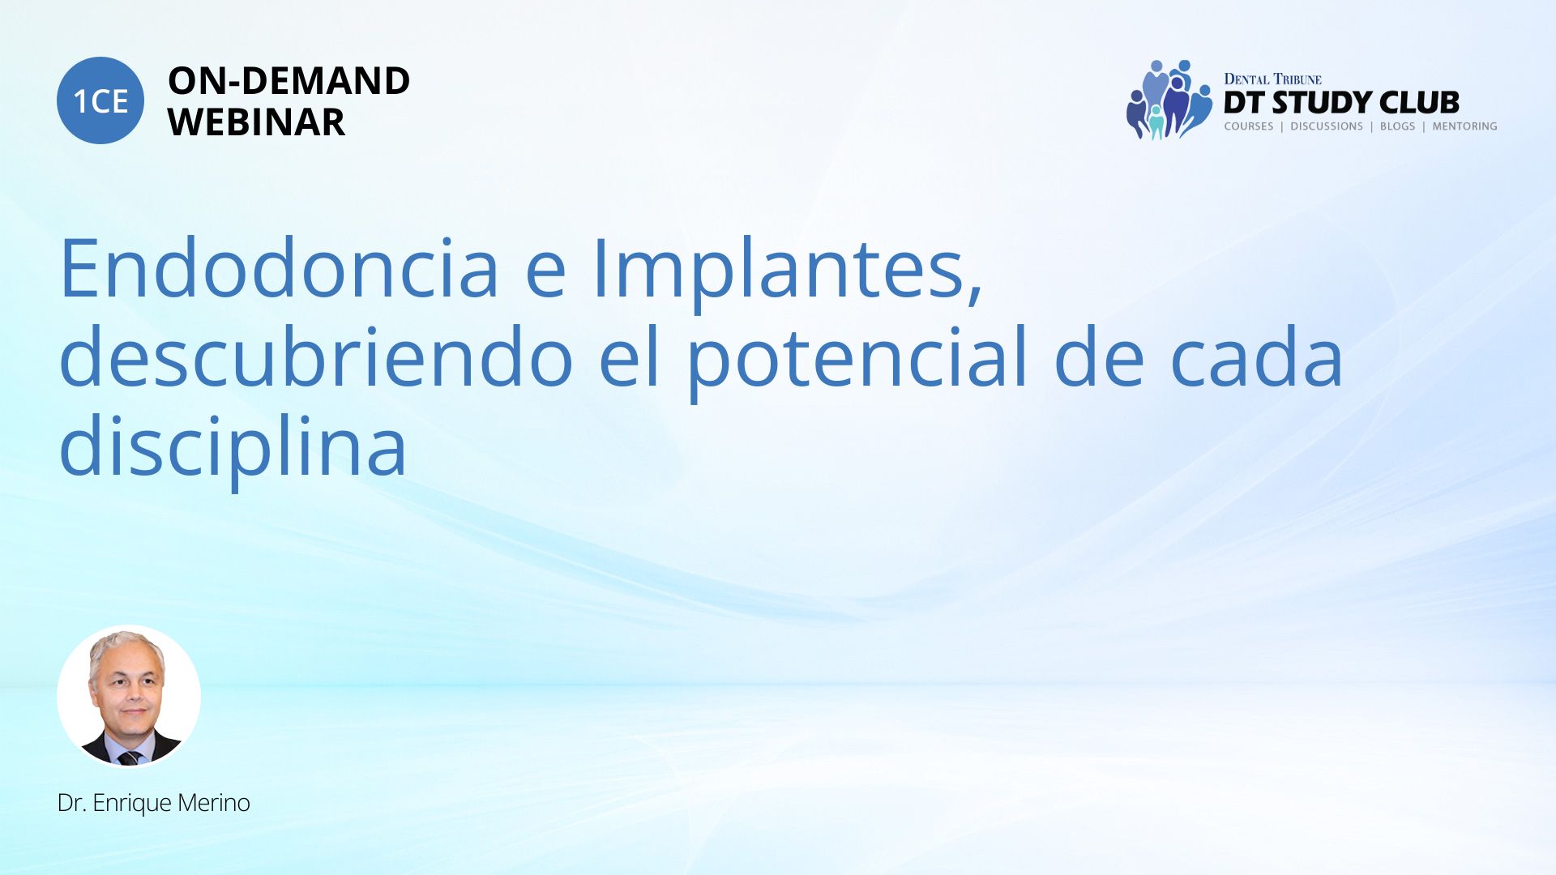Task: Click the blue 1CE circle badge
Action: tap(100, 100)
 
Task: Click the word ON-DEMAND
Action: tap(289, 81)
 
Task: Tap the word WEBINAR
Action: tap(256, 122)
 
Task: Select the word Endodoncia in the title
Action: tap(280, 267)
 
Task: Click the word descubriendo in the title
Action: tap(317, 356)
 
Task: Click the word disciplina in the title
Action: tap(233, 446)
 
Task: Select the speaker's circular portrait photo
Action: tap(129, 696)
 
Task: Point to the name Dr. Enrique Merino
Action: tap(154, 803)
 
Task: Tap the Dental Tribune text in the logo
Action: tap(1272, 79)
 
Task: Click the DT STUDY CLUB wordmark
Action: tap(1341, 103)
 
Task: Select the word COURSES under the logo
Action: tap(1249, 126)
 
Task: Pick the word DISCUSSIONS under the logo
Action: tap(1327, 126)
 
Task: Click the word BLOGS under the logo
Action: tap(1397, 126)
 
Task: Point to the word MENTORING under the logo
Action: tap(1464, 126)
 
